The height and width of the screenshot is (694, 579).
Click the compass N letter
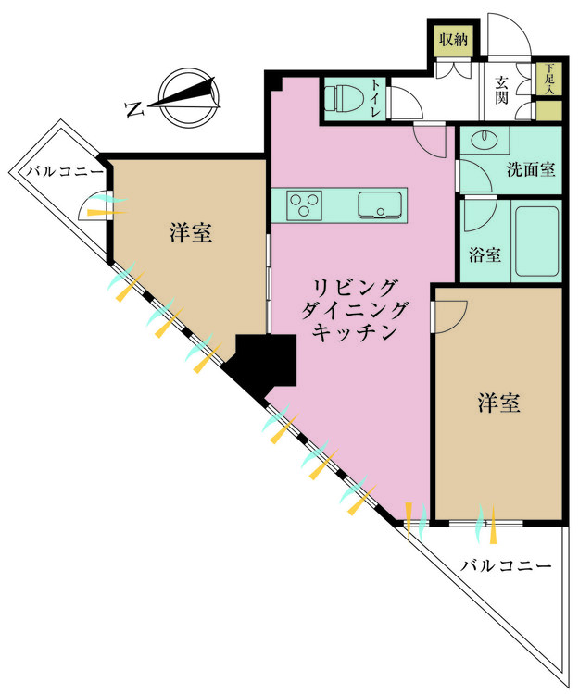(133, 110)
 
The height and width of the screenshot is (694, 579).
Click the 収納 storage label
(453, 40)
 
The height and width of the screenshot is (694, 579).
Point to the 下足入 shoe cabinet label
(549, 79)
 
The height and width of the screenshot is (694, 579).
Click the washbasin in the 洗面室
(484, 142)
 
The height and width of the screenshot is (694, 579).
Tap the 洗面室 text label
(530, 169)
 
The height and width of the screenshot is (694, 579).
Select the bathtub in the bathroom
(535, 242)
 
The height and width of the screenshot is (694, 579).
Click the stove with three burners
(304, 204)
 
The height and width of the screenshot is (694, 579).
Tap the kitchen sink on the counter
(381, 204)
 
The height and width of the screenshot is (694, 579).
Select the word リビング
(356, 286)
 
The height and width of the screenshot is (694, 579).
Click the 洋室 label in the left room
(191, 232)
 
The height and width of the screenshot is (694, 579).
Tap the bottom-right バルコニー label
(505, 565)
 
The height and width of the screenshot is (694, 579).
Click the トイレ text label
(376, 96)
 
